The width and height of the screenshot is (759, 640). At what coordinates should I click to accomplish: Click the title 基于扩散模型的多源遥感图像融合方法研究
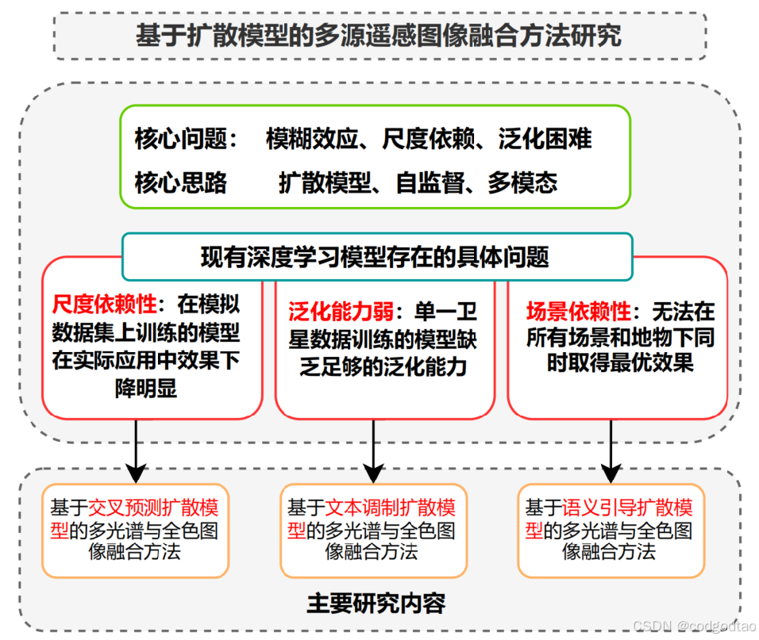tap(379, 36)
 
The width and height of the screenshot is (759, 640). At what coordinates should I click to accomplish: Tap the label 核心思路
tap(181, 183)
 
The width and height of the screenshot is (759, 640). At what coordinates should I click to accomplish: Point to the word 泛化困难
tap(545, 140)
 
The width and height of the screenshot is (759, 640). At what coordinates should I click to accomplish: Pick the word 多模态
tap(522, 183)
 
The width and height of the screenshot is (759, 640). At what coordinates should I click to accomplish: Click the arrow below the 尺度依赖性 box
tap(136, 450)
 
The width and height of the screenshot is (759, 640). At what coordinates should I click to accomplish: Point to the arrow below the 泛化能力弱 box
tap(373, 450)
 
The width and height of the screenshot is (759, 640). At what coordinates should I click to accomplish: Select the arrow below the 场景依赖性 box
tap(611, 450)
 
